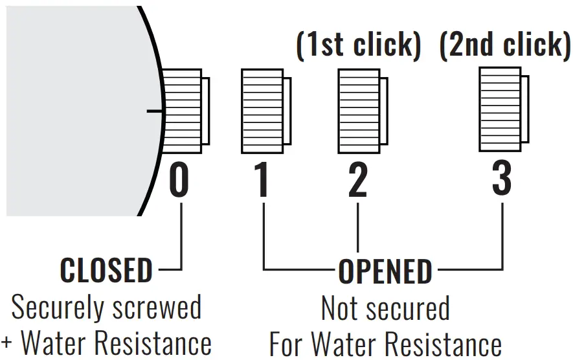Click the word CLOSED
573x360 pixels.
[106, 270]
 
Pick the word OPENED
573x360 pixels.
[385, 271]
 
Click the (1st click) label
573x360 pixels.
[359, 45]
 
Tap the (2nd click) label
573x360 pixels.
[505, 45]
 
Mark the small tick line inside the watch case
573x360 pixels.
[154, 111]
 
